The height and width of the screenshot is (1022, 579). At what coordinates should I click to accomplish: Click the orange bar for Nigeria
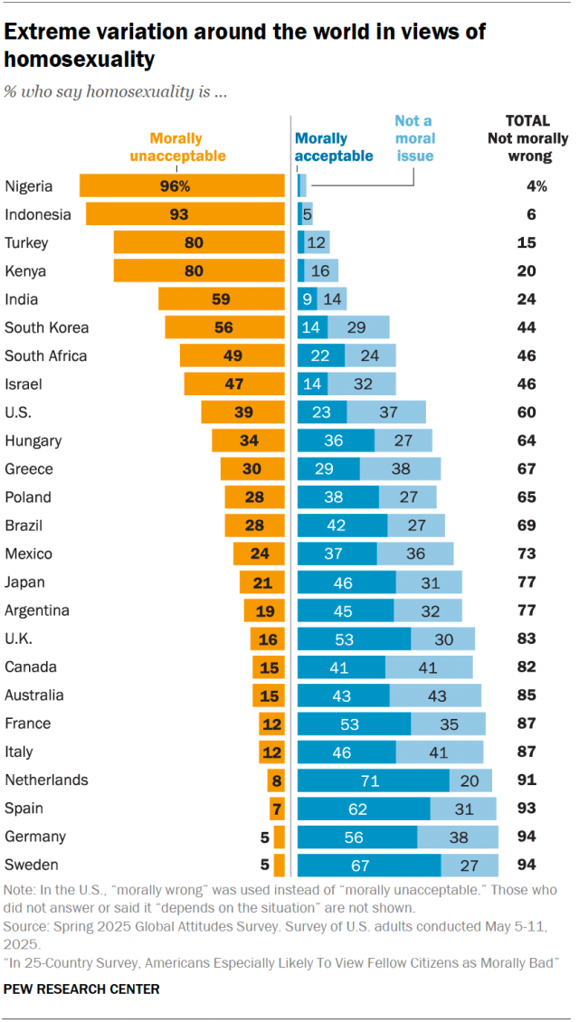tap(182, 186)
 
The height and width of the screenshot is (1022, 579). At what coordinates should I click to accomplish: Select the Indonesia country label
tap(37, 214)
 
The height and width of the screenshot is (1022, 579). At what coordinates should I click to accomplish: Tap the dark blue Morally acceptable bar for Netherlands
tap(374, 780)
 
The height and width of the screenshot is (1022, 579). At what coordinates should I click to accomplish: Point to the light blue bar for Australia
tap(435, 695)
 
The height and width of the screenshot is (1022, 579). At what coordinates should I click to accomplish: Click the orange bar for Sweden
tap(280, 865)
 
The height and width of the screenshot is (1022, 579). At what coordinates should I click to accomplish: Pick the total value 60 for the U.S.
tap(527, 412)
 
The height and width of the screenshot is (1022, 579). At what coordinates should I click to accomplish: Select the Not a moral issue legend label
tap(414, 138)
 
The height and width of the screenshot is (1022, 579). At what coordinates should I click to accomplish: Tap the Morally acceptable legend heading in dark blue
tap(334, 147)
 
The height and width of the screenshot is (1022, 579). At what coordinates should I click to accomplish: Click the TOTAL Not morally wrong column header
tap(527, 138)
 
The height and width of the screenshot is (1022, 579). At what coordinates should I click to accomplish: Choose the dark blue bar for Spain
tap(364, 808)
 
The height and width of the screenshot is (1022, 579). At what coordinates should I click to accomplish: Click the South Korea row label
tap(46, 327)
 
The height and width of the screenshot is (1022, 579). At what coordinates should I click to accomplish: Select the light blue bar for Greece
tap(400, 468)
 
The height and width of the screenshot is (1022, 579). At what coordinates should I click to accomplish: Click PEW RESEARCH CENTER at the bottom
tap(81, 989)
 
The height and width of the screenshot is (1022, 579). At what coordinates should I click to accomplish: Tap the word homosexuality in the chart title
tap(79, 60)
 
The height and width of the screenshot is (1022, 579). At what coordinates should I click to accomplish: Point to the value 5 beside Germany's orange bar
tap(264, 837)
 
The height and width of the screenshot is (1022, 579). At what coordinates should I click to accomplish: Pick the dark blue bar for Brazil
tap(342, 525)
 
